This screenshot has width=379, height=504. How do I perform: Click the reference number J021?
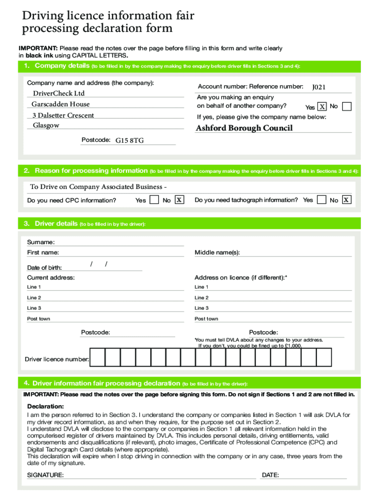(318, 87)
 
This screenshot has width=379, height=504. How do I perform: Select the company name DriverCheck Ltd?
(59, 94)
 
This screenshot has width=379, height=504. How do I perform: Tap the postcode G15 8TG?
(129, 140)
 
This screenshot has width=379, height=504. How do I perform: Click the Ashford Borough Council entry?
(244, 128)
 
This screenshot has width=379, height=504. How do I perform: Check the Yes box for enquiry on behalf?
(322, 107)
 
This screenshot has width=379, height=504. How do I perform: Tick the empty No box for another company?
(347, 106)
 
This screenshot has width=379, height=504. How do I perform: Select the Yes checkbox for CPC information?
(154, 200)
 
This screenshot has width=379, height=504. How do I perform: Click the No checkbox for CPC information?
(180, 200)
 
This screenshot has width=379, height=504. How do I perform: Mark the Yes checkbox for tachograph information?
(322, 200)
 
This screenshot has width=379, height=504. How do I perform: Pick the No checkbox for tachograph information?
(347, 200)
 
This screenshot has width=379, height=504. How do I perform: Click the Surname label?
(41, 242)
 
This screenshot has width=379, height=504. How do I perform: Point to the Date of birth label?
(44, 268)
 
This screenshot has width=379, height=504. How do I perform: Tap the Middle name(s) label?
(217, 252)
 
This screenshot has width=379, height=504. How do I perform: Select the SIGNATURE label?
(45, 475)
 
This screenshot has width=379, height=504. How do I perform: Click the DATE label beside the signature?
(270, 475)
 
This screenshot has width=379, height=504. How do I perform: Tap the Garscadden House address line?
(61, 104)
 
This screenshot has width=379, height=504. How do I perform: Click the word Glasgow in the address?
(46, 126)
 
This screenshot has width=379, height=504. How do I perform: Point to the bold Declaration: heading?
(45, 407)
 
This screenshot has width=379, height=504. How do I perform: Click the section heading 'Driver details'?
(56, 223)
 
